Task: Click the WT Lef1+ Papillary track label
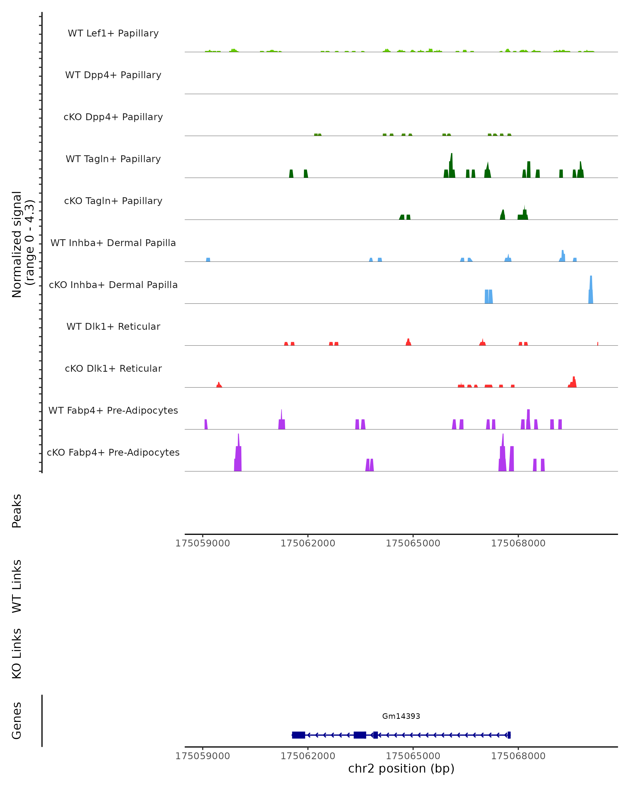coord(113,33)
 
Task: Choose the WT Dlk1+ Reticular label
coord(113,326)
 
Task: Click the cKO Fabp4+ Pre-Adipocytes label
coord(113,452)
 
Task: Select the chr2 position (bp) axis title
coord(401,768)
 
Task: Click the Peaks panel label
coord(17,511)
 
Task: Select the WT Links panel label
coord(17,586)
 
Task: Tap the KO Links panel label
coord(17,653)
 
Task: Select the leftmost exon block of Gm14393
coord(298,735)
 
